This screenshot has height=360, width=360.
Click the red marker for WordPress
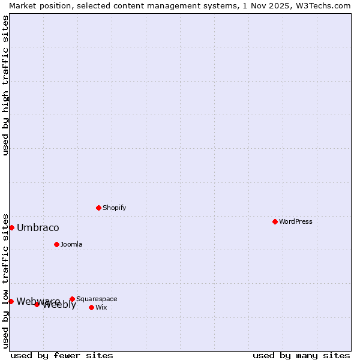[275, 221]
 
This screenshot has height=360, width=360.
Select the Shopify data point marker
[98, 208]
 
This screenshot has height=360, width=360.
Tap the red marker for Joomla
[56, 244]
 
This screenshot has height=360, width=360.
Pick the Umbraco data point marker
[11, 227]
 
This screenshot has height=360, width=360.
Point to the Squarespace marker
[72, 299]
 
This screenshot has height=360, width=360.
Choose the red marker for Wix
[91, 307]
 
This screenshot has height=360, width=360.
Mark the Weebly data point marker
[37, 304]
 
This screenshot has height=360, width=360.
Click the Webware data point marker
[11, 301]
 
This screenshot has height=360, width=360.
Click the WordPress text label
[296, 221]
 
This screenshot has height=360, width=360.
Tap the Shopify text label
[115, 208]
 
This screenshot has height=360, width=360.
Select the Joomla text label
[71, 244]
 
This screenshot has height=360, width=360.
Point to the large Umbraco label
[38, 227]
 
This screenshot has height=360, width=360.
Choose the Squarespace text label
[97, 299]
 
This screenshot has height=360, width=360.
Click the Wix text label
[101, 307]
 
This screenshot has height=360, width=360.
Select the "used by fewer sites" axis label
[62, 355]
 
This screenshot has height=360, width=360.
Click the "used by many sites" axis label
[301, 355]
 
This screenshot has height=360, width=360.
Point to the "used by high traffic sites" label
[5, 85]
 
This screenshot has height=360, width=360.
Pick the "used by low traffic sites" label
[5, 280]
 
